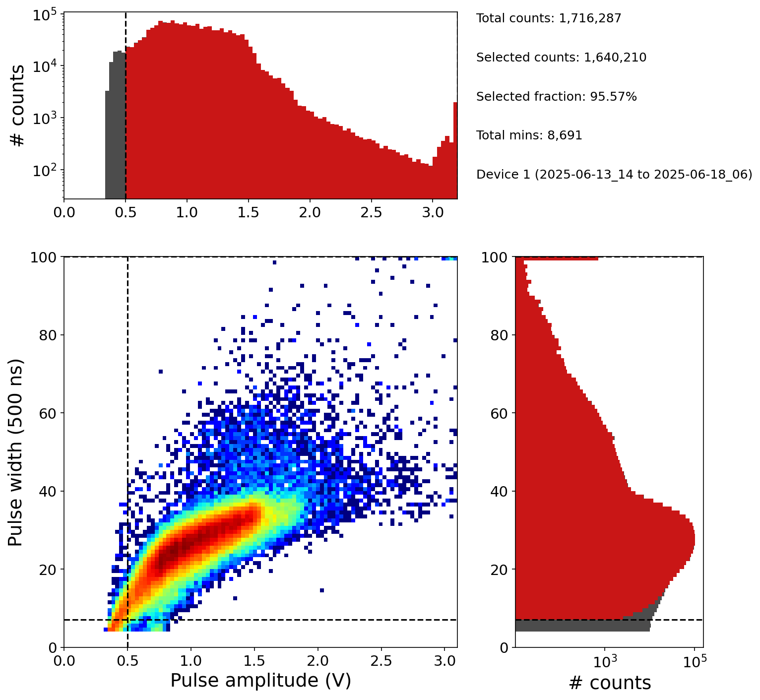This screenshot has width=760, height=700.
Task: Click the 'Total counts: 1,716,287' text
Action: pos(548,18)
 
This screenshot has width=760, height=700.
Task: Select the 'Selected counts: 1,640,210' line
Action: pos(561,58)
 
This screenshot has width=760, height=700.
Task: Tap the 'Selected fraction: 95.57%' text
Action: pos(556,97)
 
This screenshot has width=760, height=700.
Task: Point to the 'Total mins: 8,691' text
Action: pos(529,135)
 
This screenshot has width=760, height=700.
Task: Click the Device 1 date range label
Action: pos(614,175)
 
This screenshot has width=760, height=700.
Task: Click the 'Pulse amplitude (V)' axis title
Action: pos(260,680)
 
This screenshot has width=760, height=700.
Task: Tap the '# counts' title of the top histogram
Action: pos(18,106)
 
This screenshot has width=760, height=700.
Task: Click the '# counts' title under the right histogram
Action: pos(609,683)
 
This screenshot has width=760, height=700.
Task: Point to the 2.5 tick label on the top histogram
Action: pos(371,212)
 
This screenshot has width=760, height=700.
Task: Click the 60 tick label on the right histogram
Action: pos(500,413)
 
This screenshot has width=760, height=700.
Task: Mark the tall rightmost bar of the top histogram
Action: pos(455,149)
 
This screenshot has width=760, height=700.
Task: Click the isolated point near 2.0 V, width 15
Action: pos(321,590)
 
